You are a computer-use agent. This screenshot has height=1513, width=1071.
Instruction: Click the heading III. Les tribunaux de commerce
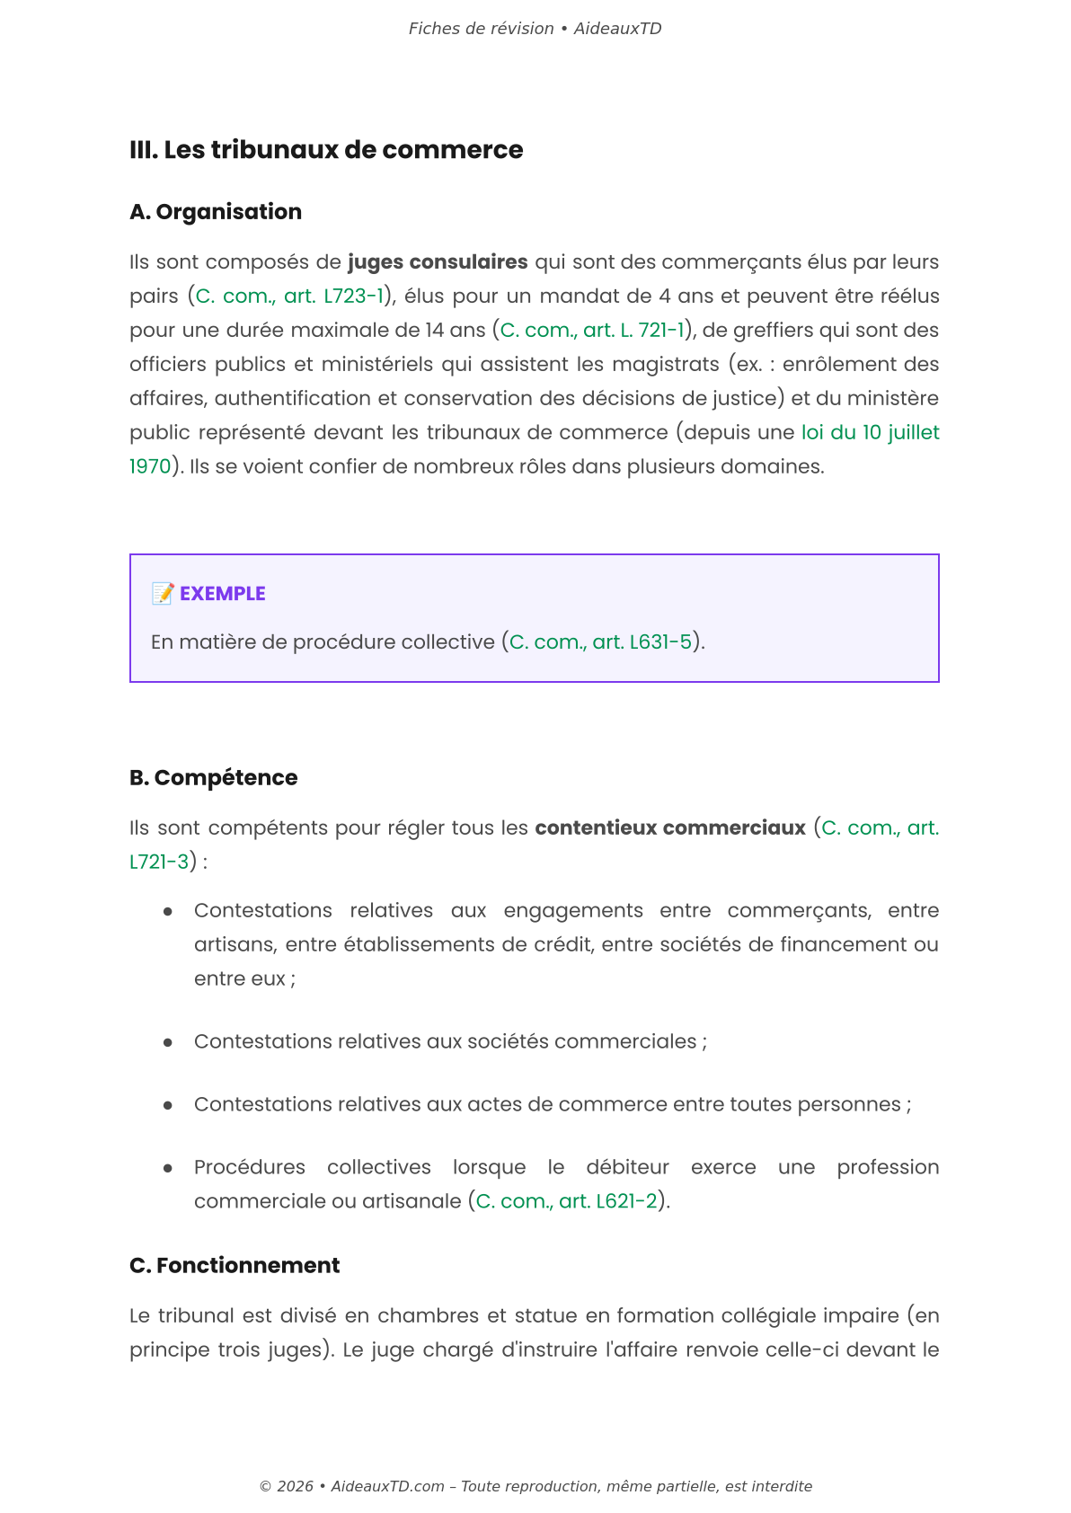tap(326, 150)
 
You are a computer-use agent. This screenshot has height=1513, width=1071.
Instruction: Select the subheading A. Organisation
tap(216, 212)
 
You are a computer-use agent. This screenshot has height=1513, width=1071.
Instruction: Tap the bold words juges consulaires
tap(438, 262)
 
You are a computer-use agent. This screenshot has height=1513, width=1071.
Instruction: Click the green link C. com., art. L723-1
tap(289, 296)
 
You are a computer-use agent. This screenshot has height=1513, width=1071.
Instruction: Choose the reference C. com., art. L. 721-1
tap(592, 331)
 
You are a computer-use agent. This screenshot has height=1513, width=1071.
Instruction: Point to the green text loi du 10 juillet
tap(870, 433)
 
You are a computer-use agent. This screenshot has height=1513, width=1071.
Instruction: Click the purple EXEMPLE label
tap(222, 594)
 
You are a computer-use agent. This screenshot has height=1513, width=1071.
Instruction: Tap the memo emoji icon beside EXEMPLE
tap(163, 594)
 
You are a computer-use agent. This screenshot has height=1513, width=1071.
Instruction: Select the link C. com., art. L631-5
tap(600, 642)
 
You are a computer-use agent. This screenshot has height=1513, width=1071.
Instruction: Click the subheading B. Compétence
tap(214, 778)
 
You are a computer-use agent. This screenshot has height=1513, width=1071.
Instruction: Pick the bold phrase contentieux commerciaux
tap(670, 828)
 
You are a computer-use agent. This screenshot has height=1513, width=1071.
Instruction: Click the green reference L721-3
tap(159, 863)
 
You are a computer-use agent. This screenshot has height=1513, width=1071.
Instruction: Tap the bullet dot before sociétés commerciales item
tap(168, 1042)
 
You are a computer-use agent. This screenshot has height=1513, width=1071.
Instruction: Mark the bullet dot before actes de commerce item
tap(168, 1105)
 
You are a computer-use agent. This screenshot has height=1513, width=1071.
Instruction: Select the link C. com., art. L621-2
tap(566, 1202)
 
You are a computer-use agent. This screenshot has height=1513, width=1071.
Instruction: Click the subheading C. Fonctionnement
tap(235, 1266)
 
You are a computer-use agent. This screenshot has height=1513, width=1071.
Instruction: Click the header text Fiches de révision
tap(481, 29)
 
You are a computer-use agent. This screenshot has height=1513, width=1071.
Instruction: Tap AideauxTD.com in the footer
tap(387, 1486)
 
